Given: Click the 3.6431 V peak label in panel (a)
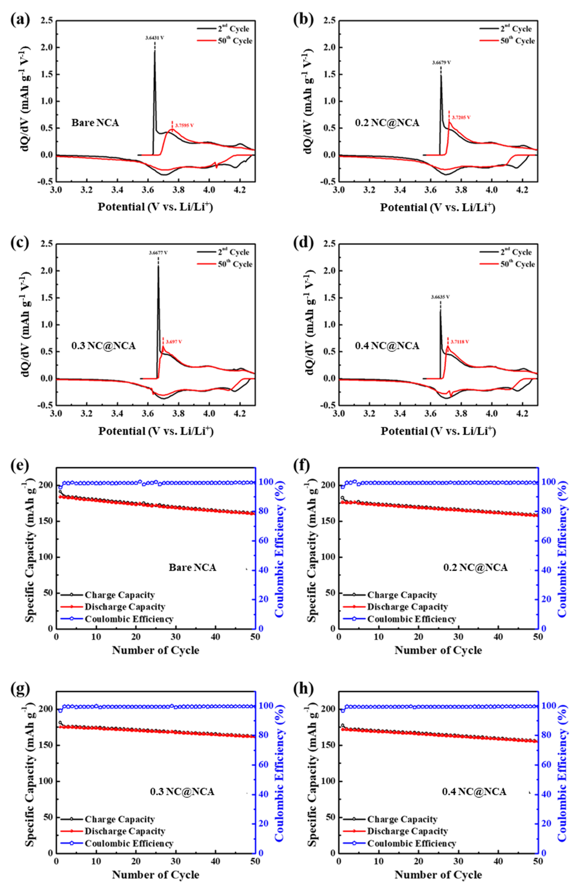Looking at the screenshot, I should click(x=154, y=38).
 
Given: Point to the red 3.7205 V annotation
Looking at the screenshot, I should click(x=461, y=117).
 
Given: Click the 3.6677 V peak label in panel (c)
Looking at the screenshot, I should click(x=158, y=253).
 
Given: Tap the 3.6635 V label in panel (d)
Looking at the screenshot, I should click(x=440, y=297).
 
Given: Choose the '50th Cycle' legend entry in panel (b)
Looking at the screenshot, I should click(x=518, y=41).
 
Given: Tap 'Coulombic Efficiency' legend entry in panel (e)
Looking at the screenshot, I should click(x=129, y=619).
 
